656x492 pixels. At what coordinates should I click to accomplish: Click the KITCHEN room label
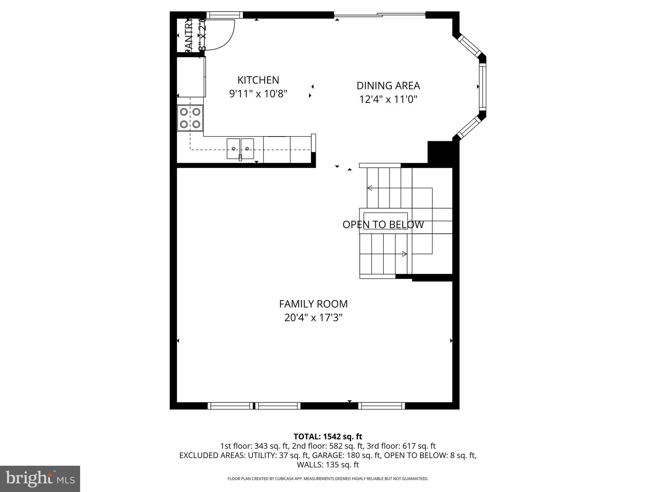tap(258, 80)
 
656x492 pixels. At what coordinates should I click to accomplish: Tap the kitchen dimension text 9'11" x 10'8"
tap(258, 94)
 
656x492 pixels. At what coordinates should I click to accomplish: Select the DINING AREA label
tap(388, 86)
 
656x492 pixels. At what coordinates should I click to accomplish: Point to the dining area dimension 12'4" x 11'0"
tap(388, 99)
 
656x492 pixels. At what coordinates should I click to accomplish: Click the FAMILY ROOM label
tap(313, 304)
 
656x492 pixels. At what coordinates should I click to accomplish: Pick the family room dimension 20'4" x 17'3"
tap(313, 318)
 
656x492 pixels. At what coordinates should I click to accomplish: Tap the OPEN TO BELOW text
tap(383, 225)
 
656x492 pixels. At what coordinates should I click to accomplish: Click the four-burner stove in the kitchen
tap(190, 118)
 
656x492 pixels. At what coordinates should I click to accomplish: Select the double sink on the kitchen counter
tap(240, 149)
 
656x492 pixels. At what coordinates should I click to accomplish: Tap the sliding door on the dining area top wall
tap(380, 15)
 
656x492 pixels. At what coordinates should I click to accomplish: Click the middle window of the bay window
tap(482, 86)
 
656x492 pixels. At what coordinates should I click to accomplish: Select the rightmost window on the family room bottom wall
tap(381, 406)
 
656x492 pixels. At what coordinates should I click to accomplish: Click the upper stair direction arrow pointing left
tap(370, 188)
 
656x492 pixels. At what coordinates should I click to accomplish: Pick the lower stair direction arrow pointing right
tap(404, 254)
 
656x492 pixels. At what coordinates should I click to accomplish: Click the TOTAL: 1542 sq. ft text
tap(328, 437)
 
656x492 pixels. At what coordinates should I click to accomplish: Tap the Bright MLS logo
tap(40, 479)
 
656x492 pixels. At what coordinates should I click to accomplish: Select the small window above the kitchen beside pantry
tap(224, 15)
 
